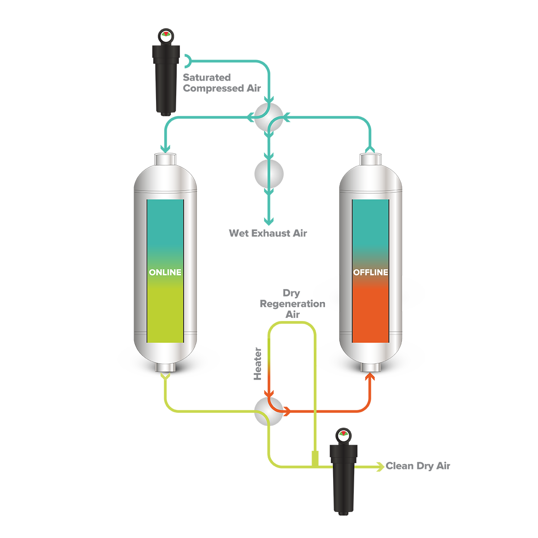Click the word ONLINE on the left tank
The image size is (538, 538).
(x=165, y=272)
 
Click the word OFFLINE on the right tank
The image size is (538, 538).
(x=370, y=272)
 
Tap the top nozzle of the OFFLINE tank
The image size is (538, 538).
(x=370, y=159)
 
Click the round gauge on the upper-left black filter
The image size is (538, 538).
(x=165, y=36)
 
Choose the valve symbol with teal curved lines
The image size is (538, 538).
(x=269, y=117)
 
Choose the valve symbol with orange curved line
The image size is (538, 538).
(x=267, y=414)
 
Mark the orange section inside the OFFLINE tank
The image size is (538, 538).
(x=370, y=314)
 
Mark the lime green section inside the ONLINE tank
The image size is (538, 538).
(x=165, y=314)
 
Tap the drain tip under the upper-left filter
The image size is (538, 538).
(x=165, y=115)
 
